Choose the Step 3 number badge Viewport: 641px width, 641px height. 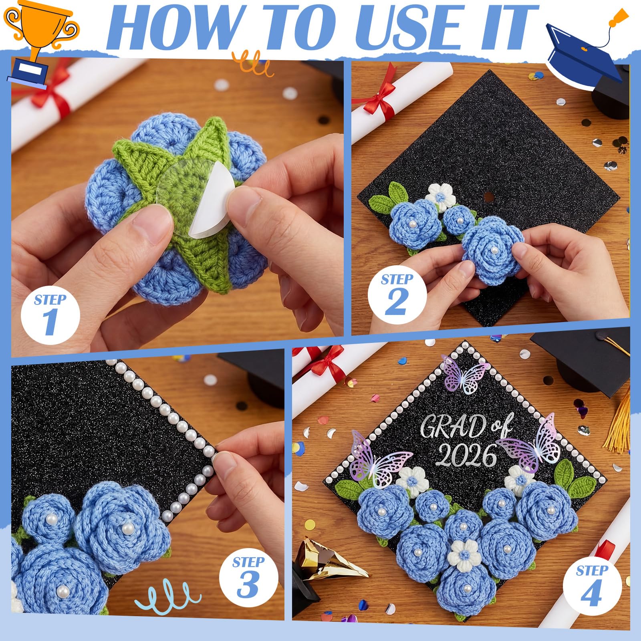249,577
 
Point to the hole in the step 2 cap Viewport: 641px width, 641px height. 488,197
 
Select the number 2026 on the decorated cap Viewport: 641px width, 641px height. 466,455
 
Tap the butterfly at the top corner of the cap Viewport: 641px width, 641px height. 464,374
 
